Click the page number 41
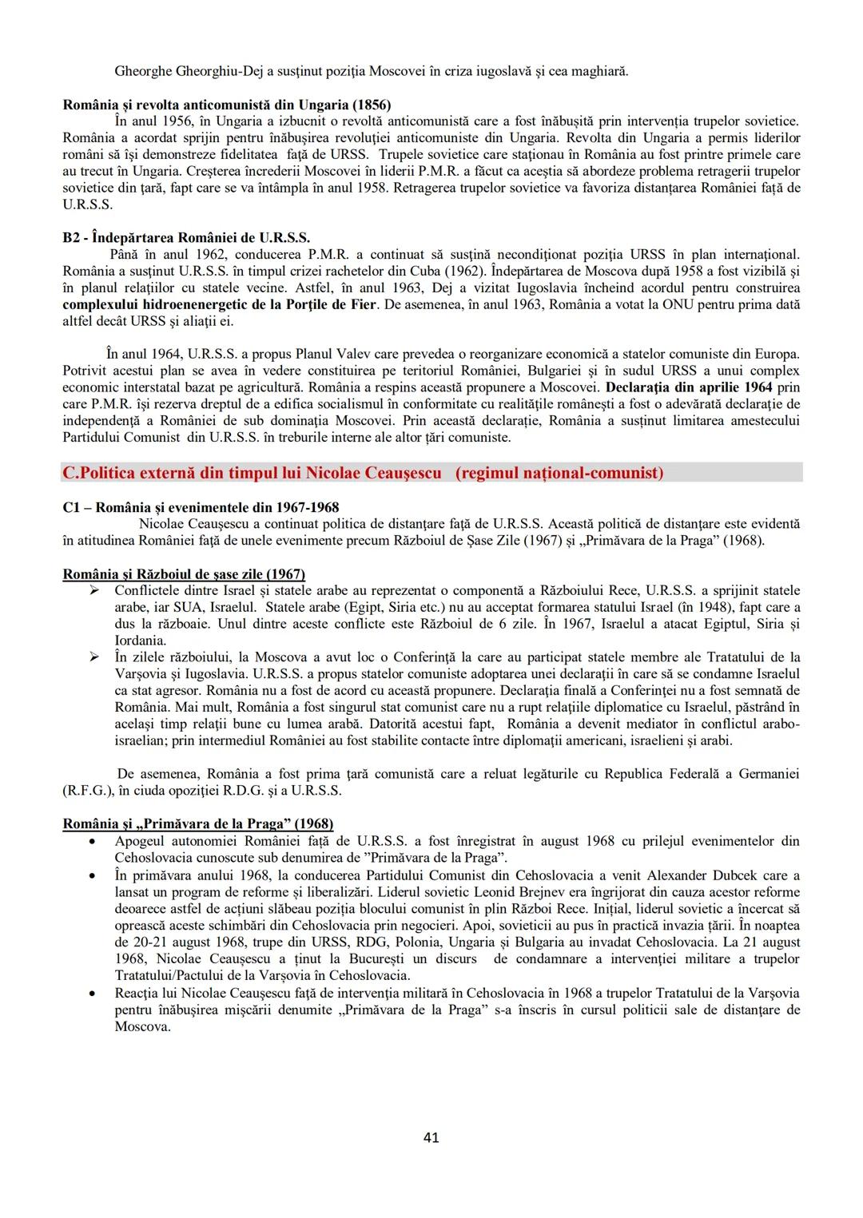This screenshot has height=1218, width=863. pos(431,1137)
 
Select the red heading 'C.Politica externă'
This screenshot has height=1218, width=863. pos(252,473)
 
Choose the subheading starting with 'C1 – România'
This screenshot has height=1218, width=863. pos(201,507)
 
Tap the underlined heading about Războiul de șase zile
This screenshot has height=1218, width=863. pos(184,574)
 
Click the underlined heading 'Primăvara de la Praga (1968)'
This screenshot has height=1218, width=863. pos(198,824)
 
